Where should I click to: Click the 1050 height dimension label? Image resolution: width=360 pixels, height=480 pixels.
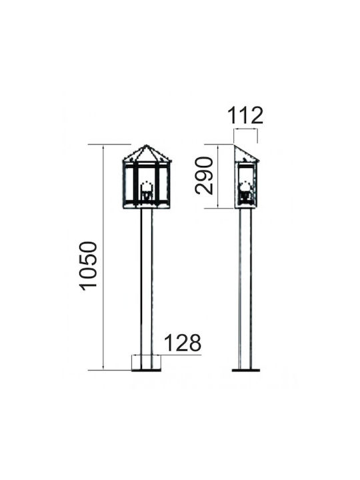(x=89, y=266)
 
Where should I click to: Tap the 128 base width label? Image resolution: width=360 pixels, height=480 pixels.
(x=183, y=343)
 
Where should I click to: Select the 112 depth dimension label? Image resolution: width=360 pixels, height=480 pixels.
(x=245, y=115)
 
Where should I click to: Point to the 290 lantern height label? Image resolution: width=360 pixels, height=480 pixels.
(x=204, y=175)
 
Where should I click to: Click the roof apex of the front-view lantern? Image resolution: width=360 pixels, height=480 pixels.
(x=146, y=145)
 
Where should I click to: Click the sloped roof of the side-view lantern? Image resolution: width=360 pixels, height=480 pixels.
(x=247, y=153)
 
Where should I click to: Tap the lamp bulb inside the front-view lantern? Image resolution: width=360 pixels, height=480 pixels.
(x=146, y=191)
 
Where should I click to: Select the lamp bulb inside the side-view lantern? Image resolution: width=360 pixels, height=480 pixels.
(x=245, y=191)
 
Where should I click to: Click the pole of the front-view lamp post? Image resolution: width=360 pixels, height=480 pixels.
(x=146, y=289)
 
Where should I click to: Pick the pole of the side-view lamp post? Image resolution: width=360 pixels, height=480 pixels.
(x=245, y=289)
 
